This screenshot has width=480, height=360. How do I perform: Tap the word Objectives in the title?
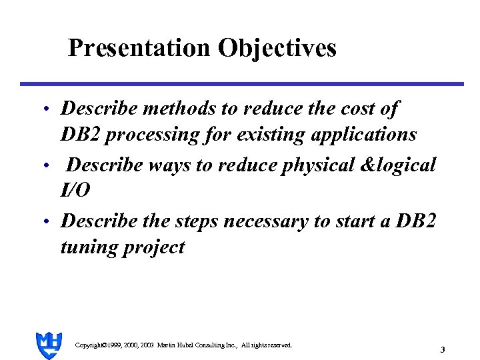tap(276, 49)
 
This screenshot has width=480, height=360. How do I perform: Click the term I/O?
tap(75, 191)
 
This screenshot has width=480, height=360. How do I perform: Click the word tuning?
tap(86, 247)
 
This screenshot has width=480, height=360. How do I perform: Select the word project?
tap(151, 248)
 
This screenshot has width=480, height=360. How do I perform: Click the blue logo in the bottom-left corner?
tap(49, 345)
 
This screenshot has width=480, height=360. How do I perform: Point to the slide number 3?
tap(443, 350)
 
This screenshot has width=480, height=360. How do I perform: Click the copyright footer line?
tap(183, 345)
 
